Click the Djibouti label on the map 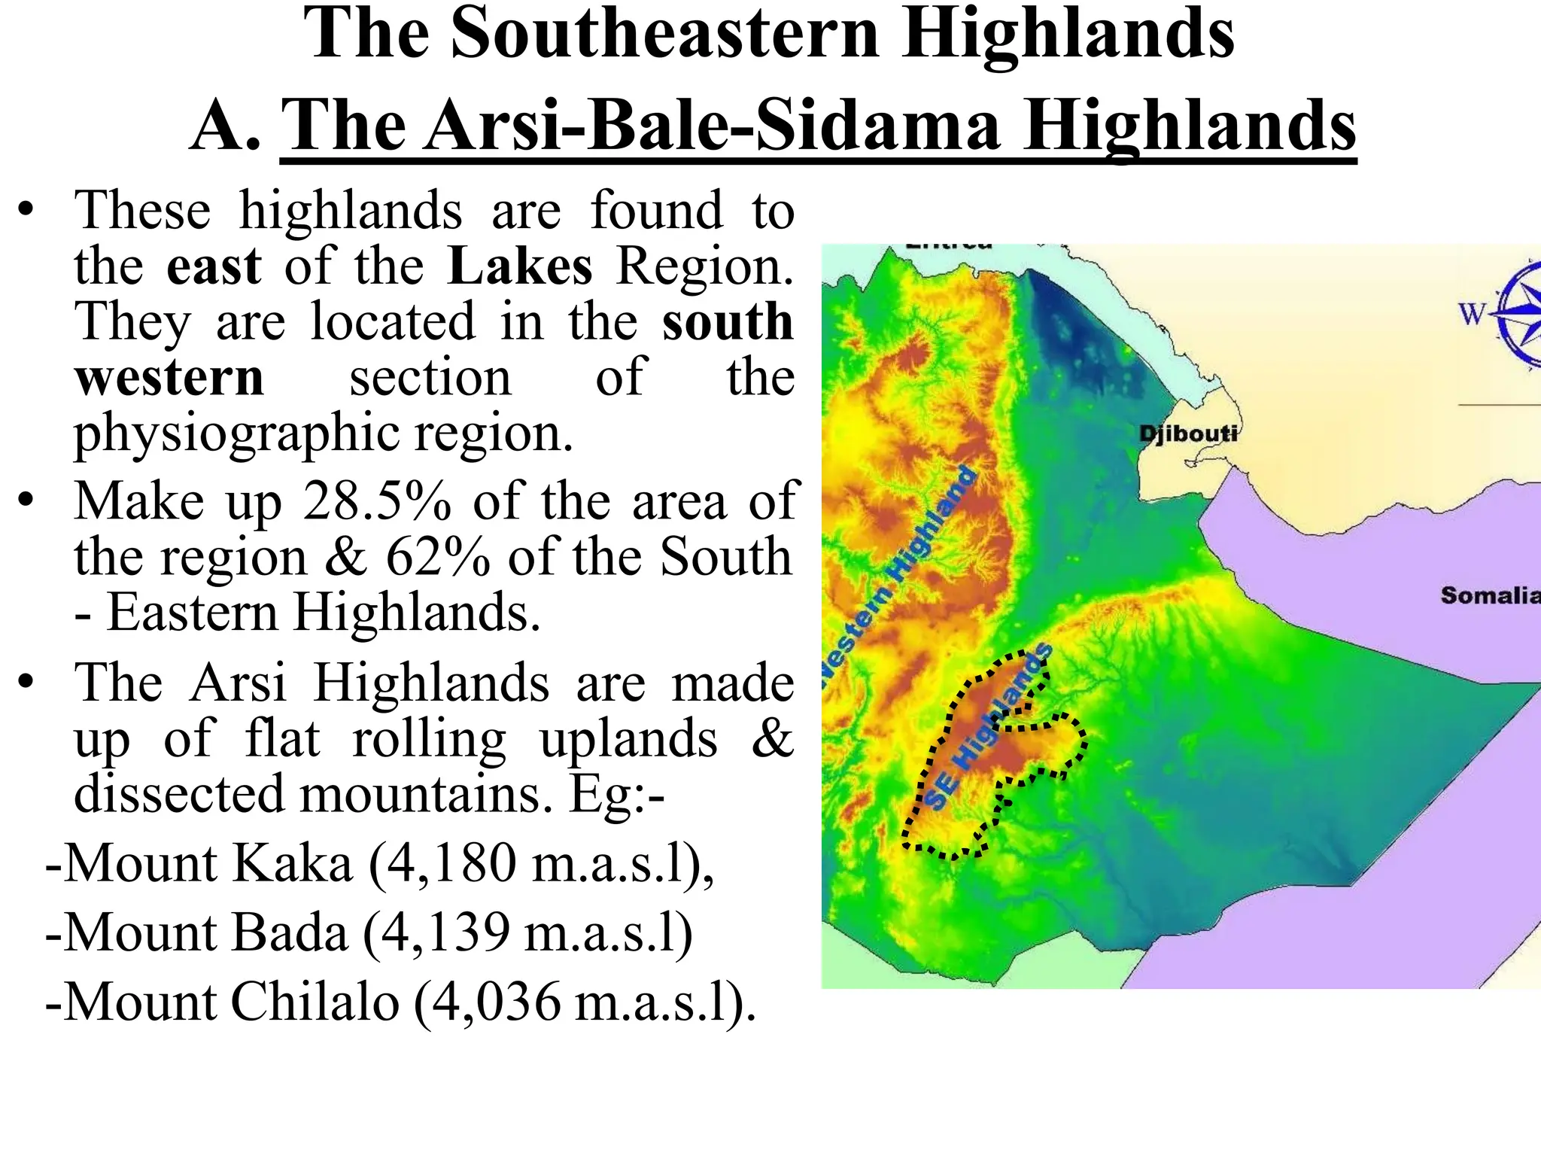(x=1187, y=433)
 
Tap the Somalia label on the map (x=1490, y=595)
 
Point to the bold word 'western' (x=169, y=377)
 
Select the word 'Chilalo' (x=315, y=1002)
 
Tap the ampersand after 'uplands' (x=773, y=738)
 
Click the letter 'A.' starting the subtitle (x=225, y=126)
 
